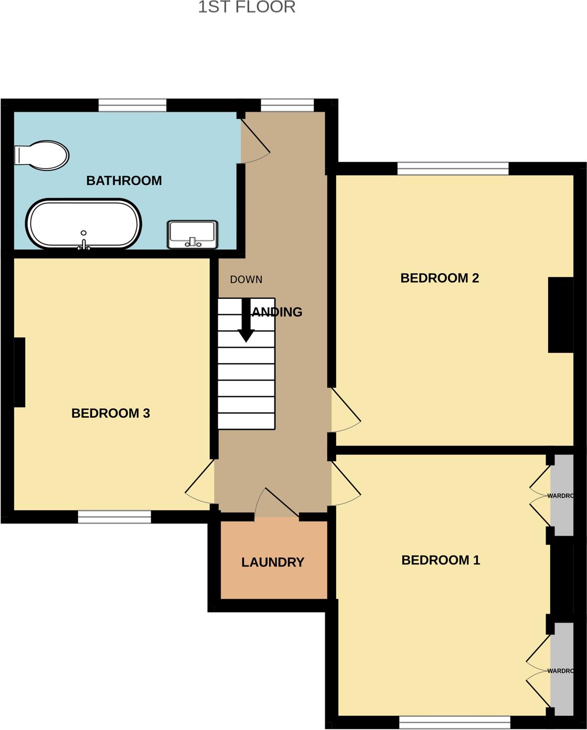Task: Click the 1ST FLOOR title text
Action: click(x=247, y=7)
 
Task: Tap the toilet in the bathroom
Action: click(x=42, y=156)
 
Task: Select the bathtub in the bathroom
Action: click(x=83, y=224)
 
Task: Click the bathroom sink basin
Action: click(x=192, y=234)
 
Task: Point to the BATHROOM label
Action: click(x=124, y=181)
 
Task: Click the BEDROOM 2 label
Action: click(x=440, y=278)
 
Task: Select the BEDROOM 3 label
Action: click(x=111, y=413)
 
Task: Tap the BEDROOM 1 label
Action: click(x=441, y=560)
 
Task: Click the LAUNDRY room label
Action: click(x=273, y=562)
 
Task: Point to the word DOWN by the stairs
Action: click(x=246, y=280)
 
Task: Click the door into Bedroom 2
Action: click(x=345, y=410)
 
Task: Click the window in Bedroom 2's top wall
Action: click(x=453, y=168)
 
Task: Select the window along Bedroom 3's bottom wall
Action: click(x=114, y=517)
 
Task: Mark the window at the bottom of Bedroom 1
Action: click(x=454, y=723)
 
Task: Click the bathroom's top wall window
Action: click(x=133, y=105)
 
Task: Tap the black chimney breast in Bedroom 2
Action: click(x=560, y=314)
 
